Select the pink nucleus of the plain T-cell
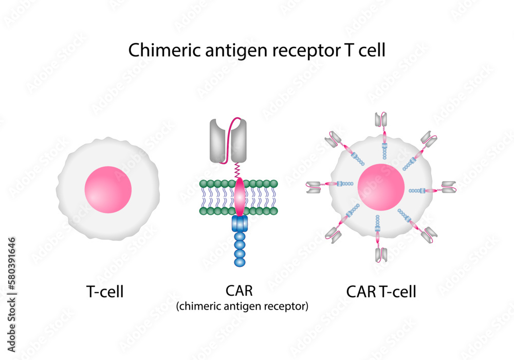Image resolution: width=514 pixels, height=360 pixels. click(108, 189)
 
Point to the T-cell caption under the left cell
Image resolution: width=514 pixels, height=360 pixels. click(104, 292)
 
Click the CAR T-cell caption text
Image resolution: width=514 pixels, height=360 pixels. click(381, 292)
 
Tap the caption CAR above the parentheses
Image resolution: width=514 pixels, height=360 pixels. click(239, 291)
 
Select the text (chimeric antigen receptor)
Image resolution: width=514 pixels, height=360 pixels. click(242, 307)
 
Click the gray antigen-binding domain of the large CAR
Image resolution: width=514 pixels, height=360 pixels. click(228, 140)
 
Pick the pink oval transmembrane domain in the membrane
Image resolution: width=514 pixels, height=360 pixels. click(240, 197)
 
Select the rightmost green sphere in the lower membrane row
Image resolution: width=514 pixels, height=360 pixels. click(274, 211)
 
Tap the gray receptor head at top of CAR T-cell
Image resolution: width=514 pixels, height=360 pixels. click(380, 120)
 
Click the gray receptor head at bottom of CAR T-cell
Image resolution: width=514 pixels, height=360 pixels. click(381, 254)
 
